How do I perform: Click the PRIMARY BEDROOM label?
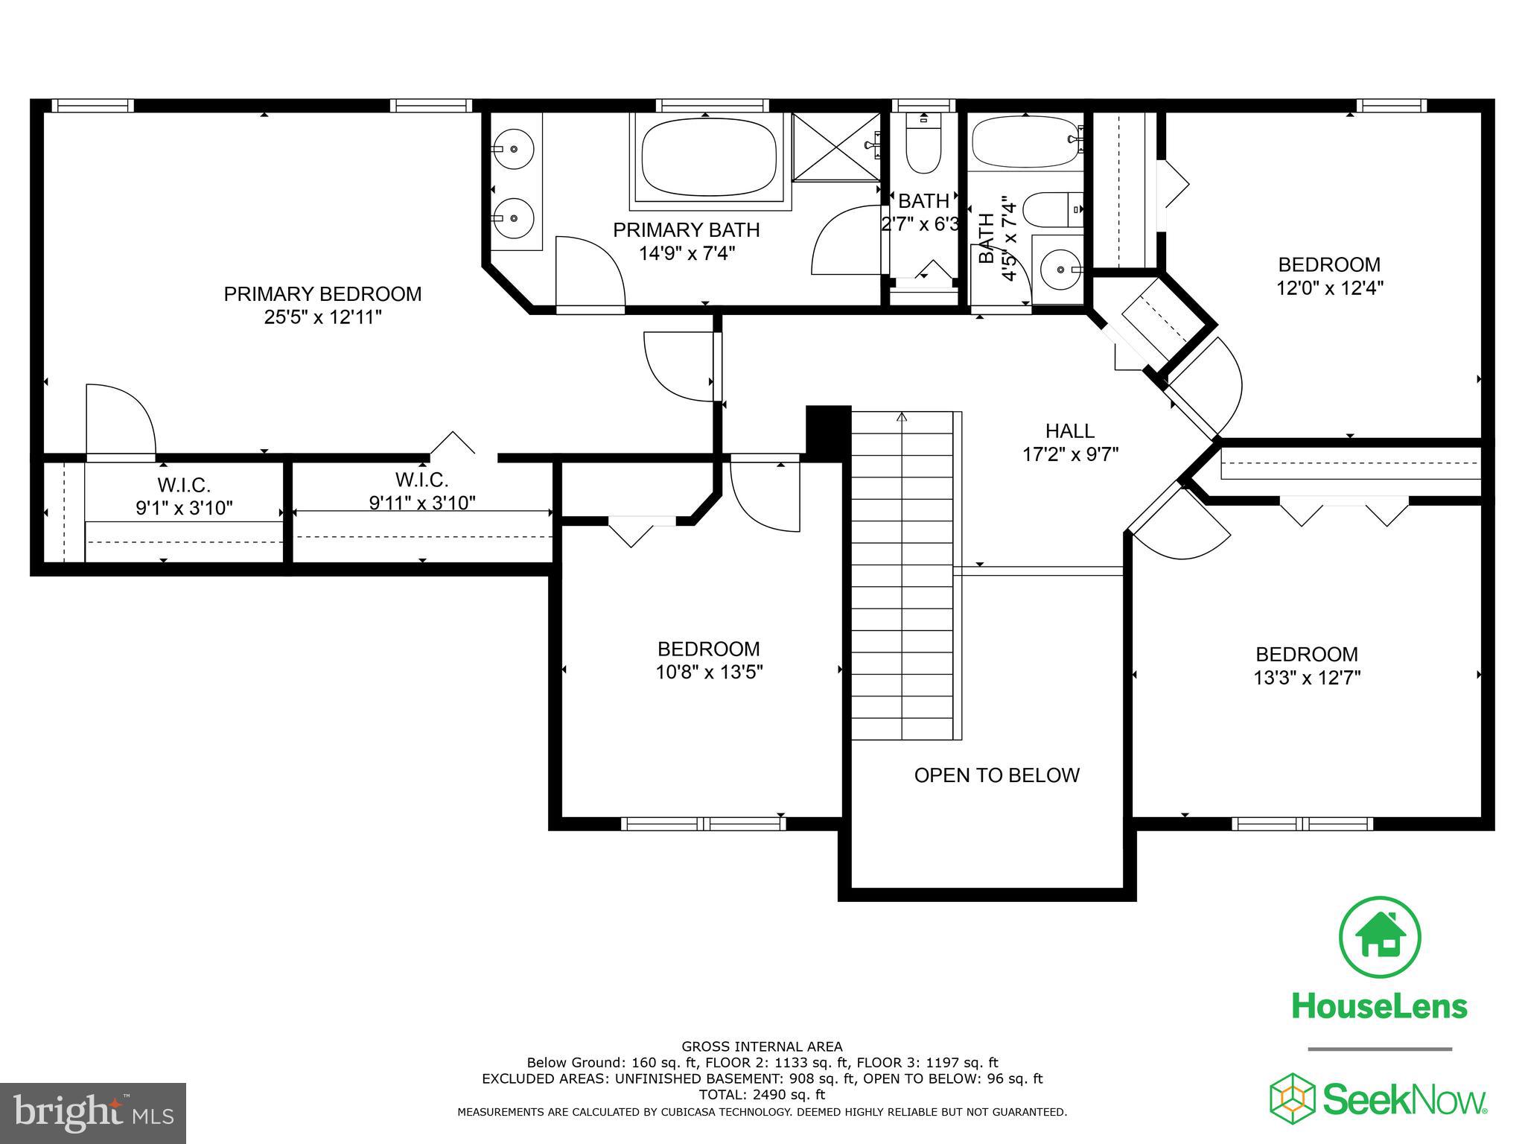[x=322, y=294]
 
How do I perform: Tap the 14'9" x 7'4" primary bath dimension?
[x=687, y=254]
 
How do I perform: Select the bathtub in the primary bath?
[x=707, y=157]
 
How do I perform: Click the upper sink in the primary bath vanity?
[x=514, y=149]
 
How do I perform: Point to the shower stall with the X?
[x=835, y=147]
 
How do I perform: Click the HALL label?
[x=1069, y=430]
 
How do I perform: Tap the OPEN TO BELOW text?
[x=996, y=775]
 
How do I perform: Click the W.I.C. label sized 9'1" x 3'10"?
[x=183, y=486]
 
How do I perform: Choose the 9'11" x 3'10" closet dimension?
[x=422, y=503]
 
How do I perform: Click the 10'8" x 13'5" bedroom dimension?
[x=709, y=673]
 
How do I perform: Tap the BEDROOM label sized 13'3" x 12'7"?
[x=1306, y=655]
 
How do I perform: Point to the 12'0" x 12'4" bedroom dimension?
[x=1329, y=288]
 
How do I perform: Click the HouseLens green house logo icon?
[x=1380, y=938]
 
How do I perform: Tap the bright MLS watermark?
[x=93, y=1113]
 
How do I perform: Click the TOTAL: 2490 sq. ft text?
[x=762, y=1095]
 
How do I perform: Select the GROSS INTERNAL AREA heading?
[x=762, y=1046]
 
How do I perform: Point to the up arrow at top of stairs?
[x=902, y=418]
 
